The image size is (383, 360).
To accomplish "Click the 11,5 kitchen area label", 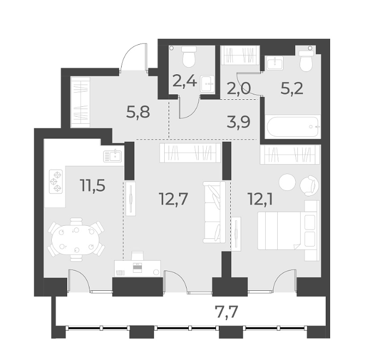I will coord(92,185).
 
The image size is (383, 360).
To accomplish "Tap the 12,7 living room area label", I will coord(173,199).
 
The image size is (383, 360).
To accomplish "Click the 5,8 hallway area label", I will coord(138,113).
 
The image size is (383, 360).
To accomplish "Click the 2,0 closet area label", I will coord(238,89).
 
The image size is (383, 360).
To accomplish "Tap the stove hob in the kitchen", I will coord(56,182).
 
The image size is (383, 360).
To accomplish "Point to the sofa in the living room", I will coord(214,212).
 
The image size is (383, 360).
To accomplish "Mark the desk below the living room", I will coord(138,267).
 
